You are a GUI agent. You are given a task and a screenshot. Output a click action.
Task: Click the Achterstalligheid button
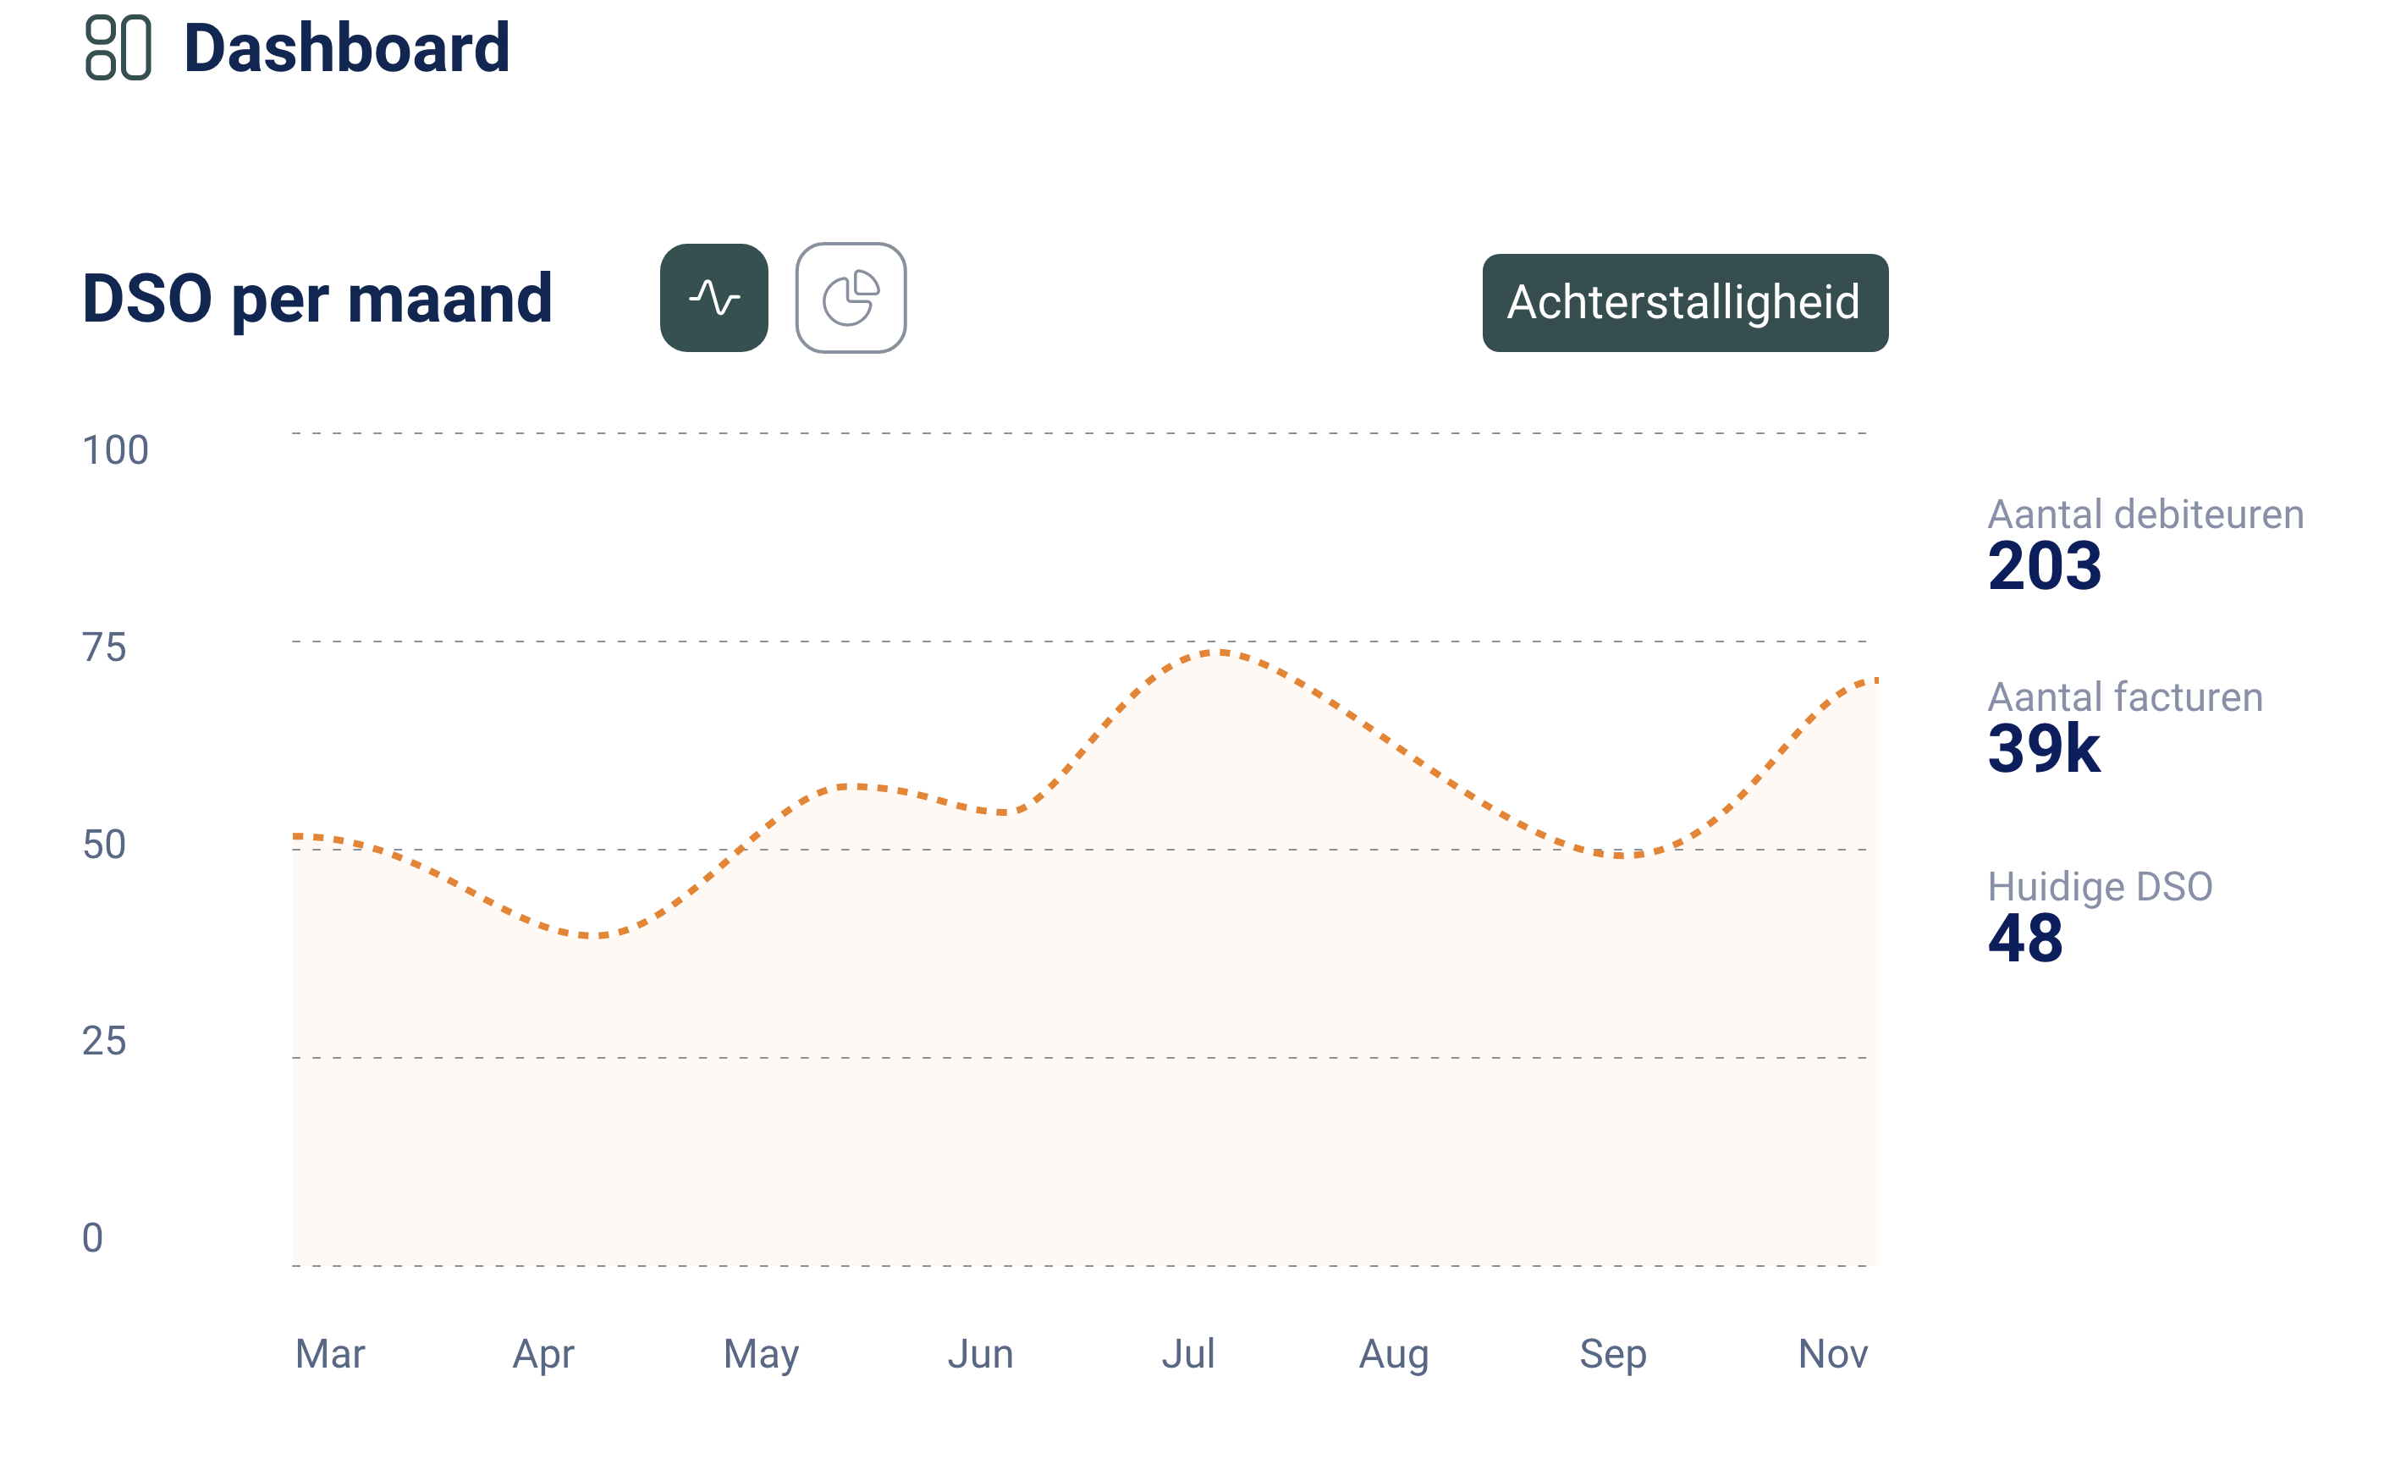click(x=1685, y=303)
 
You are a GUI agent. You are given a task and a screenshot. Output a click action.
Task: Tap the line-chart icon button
click(x=714, y=298)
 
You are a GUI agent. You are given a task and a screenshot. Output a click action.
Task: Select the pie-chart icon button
click(x=851, y=298)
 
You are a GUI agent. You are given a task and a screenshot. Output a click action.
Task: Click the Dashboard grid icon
click(x=118, y=47)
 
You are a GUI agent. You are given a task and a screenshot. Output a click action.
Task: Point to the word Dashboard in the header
click(x=346, y=47)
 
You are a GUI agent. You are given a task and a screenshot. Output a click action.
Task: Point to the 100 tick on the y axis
click(x=115, y=450)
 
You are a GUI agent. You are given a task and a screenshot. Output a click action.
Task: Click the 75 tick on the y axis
click(x=105, y=647)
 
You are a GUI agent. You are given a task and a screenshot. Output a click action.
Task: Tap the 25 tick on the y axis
click(x=105, y=1041)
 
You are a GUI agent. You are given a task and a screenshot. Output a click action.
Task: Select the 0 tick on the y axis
click(x=93, y=1238)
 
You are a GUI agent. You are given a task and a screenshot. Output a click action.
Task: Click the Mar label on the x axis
click(x=330, y=1353)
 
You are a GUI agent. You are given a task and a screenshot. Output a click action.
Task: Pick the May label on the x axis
click(x=762, y=1353)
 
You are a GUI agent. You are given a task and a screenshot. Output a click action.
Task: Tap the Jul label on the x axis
click(x=1188, y=1353)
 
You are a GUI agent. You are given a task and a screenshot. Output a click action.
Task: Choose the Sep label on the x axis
click(x=1613, y=1353)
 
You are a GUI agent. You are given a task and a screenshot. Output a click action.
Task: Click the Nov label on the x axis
click(x=1832, y=1353)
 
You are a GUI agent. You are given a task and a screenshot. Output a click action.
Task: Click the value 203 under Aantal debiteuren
click(x=2045, y=565)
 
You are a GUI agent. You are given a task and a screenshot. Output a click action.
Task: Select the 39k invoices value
click(x=2044, y=749)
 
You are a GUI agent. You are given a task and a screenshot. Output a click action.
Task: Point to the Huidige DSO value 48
click(x=2025, y=938)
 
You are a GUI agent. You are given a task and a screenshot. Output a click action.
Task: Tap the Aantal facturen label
click(x=2125, y=697)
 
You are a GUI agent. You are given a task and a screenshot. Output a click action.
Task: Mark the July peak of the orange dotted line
click(x=1219, y=652)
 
